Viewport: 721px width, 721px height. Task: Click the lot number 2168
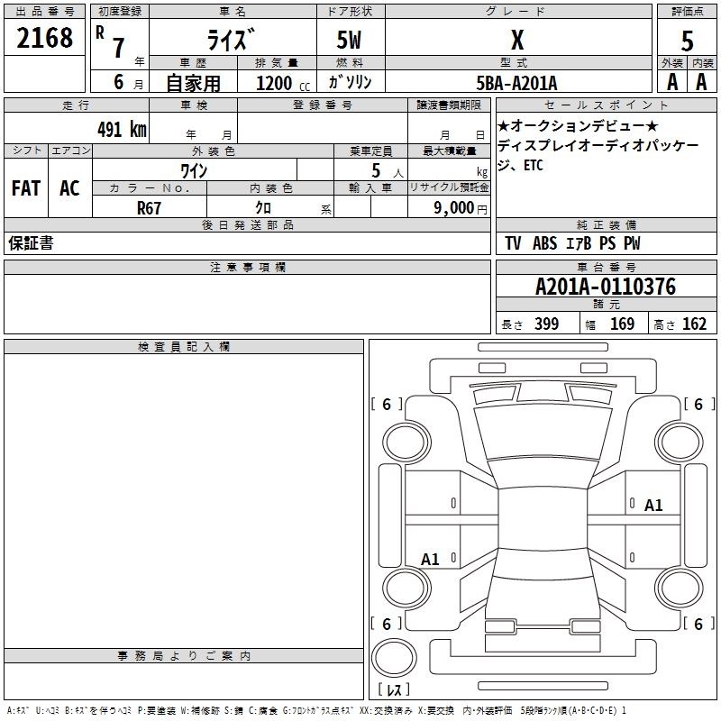(44, 38)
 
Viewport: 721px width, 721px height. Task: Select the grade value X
(517, 40)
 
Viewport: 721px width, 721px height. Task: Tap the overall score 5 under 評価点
(687, 41)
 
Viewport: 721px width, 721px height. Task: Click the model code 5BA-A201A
(516, 83)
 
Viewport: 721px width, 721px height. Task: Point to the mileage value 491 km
(122, 129)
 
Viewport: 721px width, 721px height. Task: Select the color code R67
(149, 208)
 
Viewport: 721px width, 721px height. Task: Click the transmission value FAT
(26, 188)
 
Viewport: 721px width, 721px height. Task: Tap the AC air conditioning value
(69, 188)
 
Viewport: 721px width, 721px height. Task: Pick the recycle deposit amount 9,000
(453, 208)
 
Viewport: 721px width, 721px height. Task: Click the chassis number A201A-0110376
(606, 287)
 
